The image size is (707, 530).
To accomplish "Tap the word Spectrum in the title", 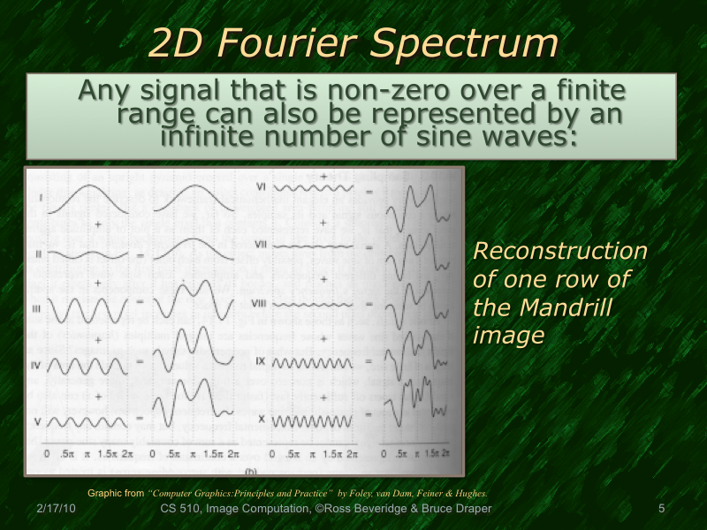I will tap(476, 44).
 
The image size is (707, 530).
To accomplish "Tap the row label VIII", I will tap(259, 303).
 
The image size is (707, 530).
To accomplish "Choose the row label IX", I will tap(261, 361).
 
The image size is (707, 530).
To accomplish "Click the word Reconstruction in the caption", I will tap(560, 251).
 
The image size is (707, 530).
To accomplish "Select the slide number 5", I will tap(661, 510).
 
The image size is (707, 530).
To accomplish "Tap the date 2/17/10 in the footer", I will tap(56, 510).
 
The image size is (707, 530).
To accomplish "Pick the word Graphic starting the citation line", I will tap(105, 493).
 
